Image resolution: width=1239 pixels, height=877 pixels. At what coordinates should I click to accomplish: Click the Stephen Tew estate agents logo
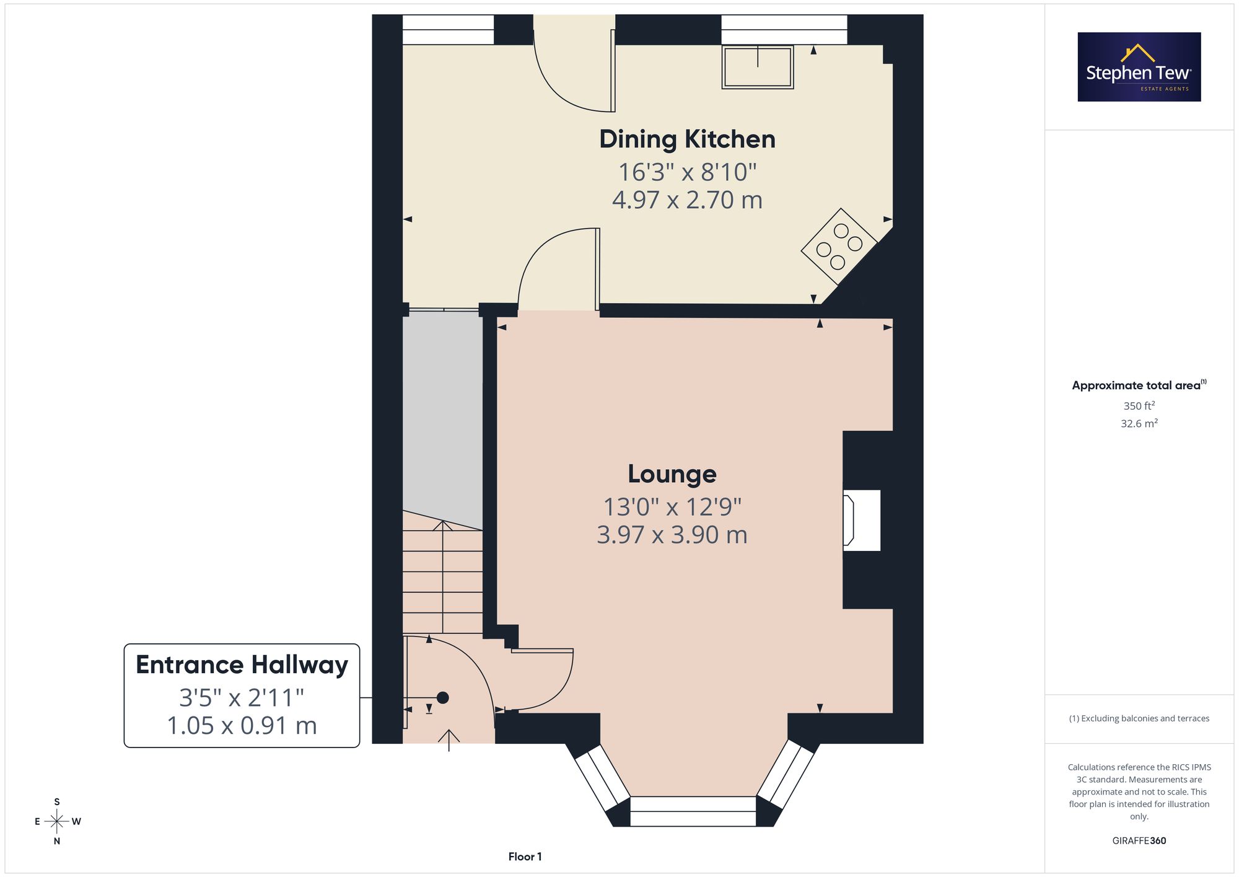pos(1139,67)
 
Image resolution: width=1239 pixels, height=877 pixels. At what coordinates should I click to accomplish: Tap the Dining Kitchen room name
pos(687,139)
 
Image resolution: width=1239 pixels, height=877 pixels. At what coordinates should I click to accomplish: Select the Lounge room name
pos(672,474)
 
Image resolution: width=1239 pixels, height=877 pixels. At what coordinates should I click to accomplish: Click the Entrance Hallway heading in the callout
pos(242,665)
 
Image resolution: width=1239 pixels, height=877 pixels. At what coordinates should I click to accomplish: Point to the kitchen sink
pos(758,67)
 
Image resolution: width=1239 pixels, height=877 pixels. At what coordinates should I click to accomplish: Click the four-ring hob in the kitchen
pos(839,246)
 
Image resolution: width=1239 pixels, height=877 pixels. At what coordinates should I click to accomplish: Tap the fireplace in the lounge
pos(862,520)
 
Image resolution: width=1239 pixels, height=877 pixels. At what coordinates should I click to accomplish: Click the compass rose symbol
pos(57,822)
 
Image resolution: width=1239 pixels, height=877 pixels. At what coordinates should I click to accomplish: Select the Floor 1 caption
pos(525,857)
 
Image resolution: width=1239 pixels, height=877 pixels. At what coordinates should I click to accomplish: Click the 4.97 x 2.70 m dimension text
pos(687,200)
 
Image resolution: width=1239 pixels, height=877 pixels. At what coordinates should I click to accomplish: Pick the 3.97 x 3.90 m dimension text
pos(672,535)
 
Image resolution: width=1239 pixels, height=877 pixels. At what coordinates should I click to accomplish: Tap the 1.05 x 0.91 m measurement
pos(242,726)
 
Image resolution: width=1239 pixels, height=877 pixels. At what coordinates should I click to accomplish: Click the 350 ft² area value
pos(1139,406)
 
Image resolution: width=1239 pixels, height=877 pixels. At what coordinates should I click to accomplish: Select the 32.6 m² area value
pos(1139,423)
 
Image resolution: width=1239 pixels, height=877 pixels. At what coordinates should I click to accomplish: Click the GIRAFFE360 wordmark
pos(1139,841)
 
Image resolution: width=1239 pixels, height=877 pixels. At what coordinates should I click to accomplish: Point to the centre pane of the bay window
pos(693,811)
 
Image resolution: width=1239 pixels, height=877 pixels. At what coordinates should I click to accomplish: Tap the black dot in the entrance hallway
pos(442,698)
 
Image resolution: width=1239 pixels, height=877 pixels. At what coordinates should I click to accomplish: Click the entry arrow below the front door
pos(449,740)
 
